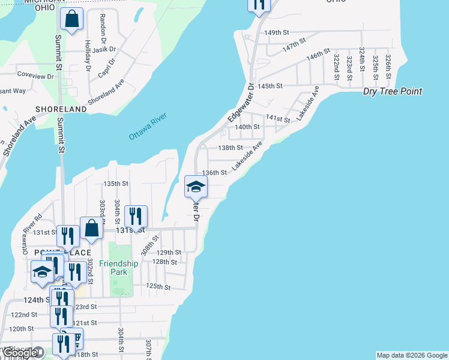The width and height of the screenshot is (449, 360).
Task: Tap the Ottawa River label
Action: (147, 127)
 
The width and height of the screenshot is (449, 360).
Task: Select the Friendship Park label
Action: (119, 268)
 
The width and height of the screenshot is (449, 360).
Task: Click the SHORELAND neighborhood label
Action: (61, 109)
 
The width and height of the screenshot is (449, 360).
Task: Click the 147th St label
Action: (295, 43)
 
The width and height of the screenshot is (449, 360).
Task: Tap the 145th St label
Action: (270, 86)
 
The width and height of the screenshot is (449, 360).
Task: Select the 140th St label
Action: (247, 127)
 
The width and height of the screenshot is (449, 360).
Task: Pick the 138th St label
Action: (231, 148)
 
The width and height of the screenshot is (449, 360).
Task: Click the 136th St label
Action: (214, 172)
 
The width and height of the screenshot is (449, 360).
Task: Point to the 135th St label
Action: (116, 184)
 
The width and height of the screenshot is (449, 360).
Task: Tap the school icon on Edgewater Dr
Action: (195, 187)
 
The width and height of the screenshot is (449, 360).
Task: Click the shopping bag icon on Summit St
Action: (72, 19)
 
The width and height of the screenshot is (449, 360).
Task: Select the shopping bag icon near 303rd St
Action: (91, 228)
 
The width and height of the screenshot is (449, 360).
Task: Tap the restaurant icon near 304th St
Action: (136, 216)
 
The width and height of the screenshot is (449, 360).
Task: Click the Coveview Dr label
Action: (35, 76)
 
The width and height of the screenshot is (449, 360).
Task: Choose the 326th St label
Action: (388, 62)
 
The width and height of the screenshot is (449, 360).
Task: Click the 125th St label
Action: (158, 287)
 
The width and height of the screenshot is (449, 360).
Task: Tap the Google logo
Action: (20, 353)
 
